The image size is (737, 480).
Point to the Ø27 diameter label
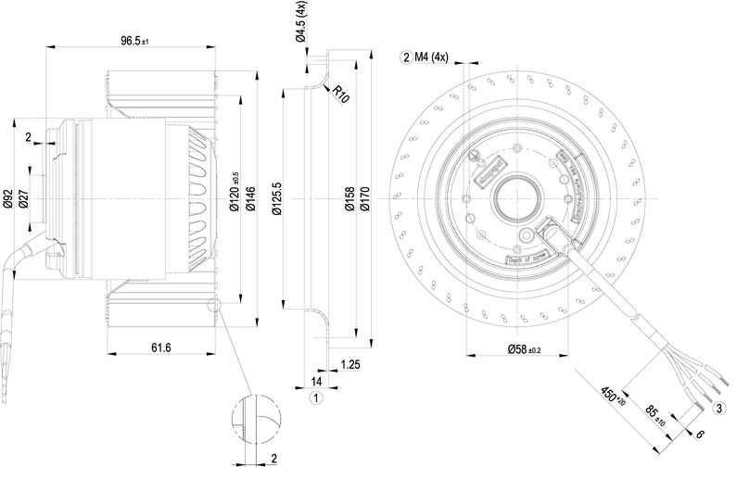click(x=23, y=198)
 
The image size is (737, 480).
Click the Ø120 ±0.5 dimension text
click(x=235, y=194)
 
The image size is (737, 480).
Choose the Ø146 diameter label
click(x=250, y=198)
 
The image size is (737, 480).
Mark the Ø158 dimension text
click(x=349, y=198)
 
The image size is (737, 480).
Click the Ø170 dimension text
click(x=364, y=198)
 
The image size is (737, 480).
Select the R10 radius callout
click(x=341, y=94)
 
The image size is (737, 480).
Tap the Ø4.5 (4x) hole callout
click(x=301, y=25)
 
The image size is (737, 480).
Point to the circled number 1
click(x=315, y=398)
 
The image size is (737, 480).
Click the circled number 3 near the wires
click(x=718, y=407)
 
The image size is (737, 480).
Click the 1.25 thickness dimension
click(x=351, y=364)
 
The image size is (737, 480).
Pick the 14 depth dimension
click(x=315, y=381)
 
